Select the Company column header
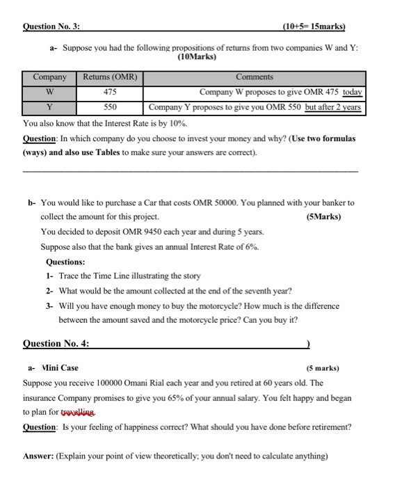click(x=50, y=77)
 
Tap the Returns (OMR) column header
click(x=110, y=77)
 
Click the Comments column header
click(x=255, y=77)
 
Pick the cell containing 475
click(x=110, y=92)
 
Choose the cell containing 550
click(x=110, y=107)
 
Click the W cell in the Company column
click(x=50, y=92)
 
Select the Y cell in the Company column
click(x=50, y=107)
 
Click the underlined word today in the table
click(x=354, y=92)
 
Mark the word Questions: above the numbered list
click(x=65, y=262)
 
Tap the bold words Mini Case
click(x=61, y=367)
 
